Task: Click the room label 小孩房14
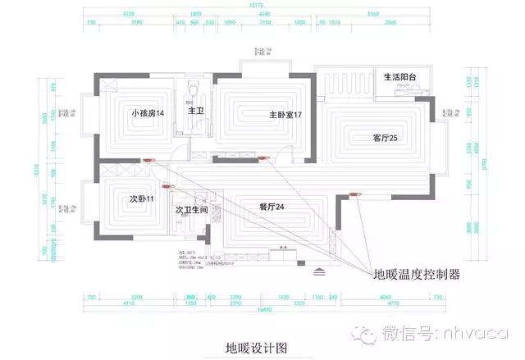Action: click(148, 112)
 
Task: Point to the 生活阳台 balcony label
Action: click(400, 77)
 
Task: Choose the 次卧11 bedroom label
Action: click(142, 199)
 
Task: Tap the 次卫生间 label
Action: click(192, 211)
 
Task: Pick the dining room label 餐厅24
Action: click(271, 207)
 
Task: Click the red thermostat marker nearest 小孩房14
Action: click(148, 160)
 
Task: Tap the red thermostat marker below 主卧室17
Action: click(263, 157)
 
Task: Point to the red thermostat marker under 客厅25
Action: click(355, 194)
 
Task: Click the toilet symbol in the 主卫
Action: click(194, 86)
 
